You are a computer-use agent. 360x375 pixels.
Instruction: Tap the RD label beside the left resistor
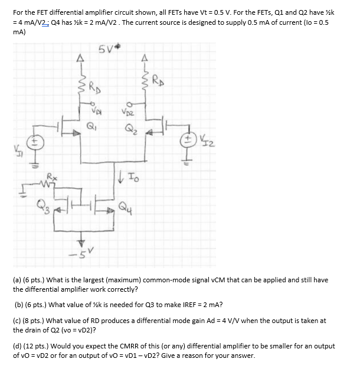94,89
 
